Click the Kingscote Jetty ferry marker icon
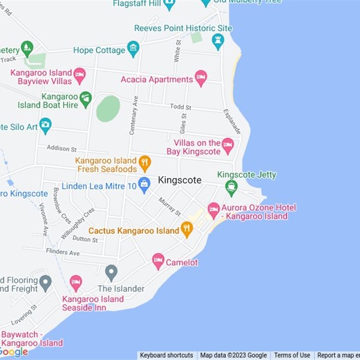231,187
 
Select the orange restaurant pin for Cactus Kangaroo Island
187,229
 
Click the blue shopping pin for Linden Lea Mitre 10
144,184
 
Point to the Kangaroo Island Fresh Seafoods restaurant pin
144,163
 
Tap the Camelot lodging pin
158,261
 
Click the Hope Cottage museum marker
133,49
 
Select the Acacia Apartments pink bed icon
201,78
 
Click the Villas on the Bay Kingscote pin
228,145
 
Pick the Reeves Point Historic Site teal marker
218,41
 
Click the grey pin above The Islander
111,272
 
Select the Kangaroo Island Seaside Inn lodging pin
76,283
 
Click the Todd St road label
180,107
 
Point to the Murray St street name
170,206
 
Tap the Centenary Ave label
134,115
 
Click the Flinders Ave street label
63,252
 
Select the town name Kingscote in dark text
180,180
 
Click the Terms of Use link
292,355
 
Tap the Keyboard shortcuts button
166,355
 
